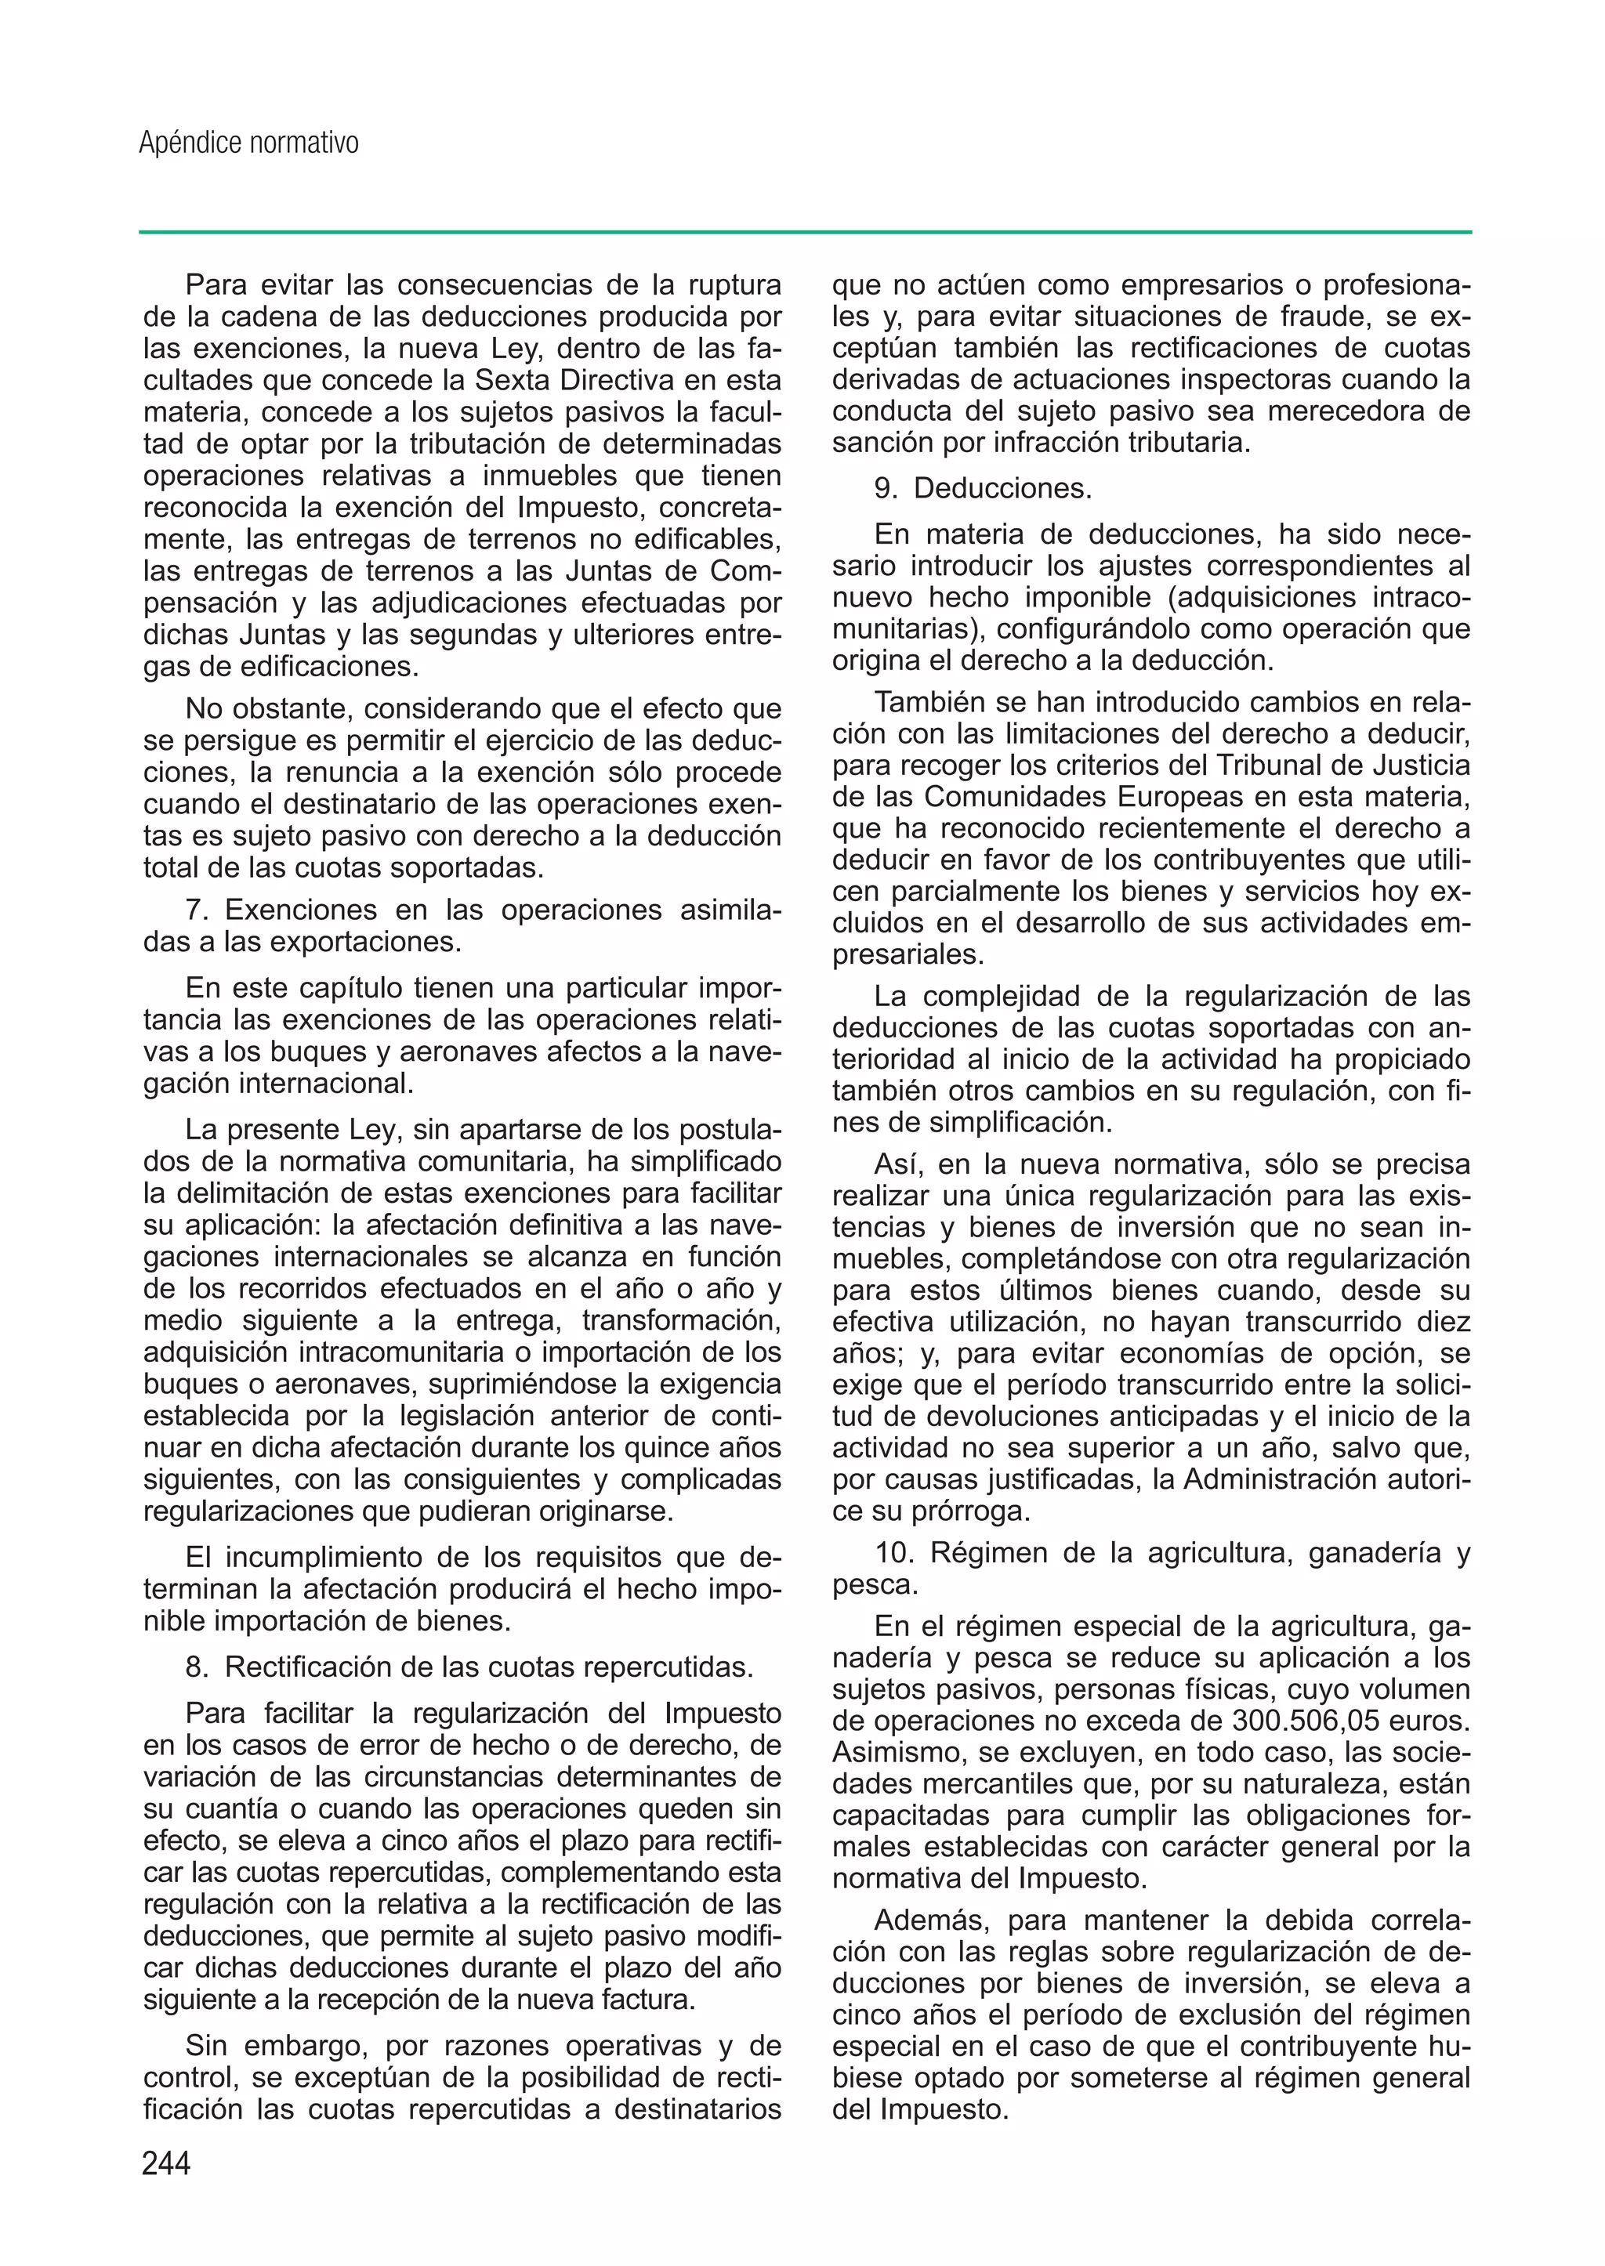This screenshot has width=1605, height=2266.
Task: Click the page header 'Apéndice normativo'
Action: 249,144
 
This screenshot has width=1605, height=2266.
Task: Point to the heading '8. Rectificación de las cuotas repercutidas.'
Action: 469,1667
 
